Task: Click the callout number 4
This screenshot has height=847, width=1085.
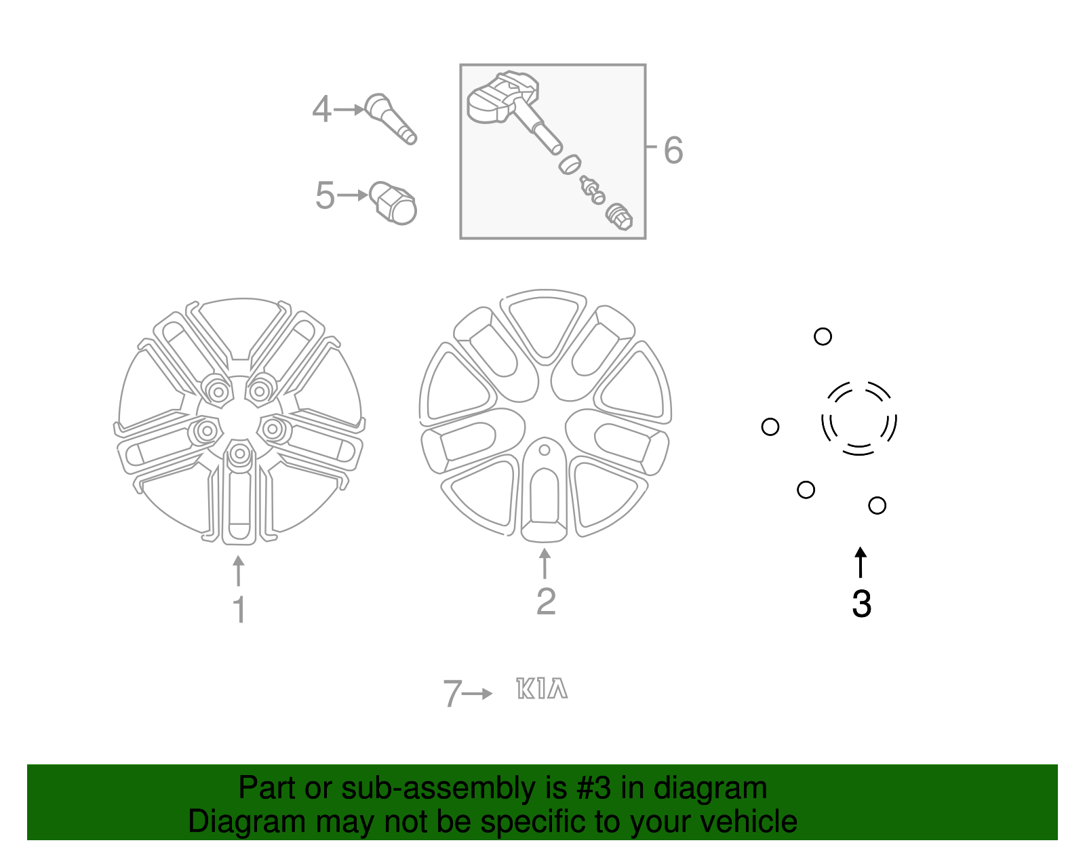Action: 321,109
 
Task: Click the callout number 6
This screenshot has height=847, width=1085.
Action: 673,150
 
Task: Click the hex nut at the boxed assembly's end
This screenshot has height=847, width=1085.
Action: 619,216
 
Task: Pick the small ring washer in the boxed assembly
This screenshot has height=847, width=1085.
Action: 570,163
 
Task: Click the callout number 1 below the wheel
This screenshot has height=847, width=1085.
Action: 239,609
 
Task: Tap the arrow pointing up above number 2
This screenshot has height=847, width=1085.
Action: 545,564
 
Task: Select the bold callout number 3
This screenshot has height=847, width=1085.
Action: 861,604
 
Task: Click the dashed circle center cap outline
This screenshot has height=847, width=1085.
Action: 859,418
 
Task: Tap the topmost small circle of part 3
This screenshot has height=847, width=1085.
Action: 823,336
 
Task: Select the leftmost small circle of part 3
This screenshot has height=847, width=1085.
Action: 770,427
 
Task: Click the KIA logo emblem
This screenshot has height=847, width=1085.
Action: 541,689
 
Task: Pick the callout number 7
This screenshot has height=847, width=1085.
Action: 452,694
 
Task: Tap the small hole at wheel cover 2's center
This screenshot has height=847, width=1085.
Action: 544,450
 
